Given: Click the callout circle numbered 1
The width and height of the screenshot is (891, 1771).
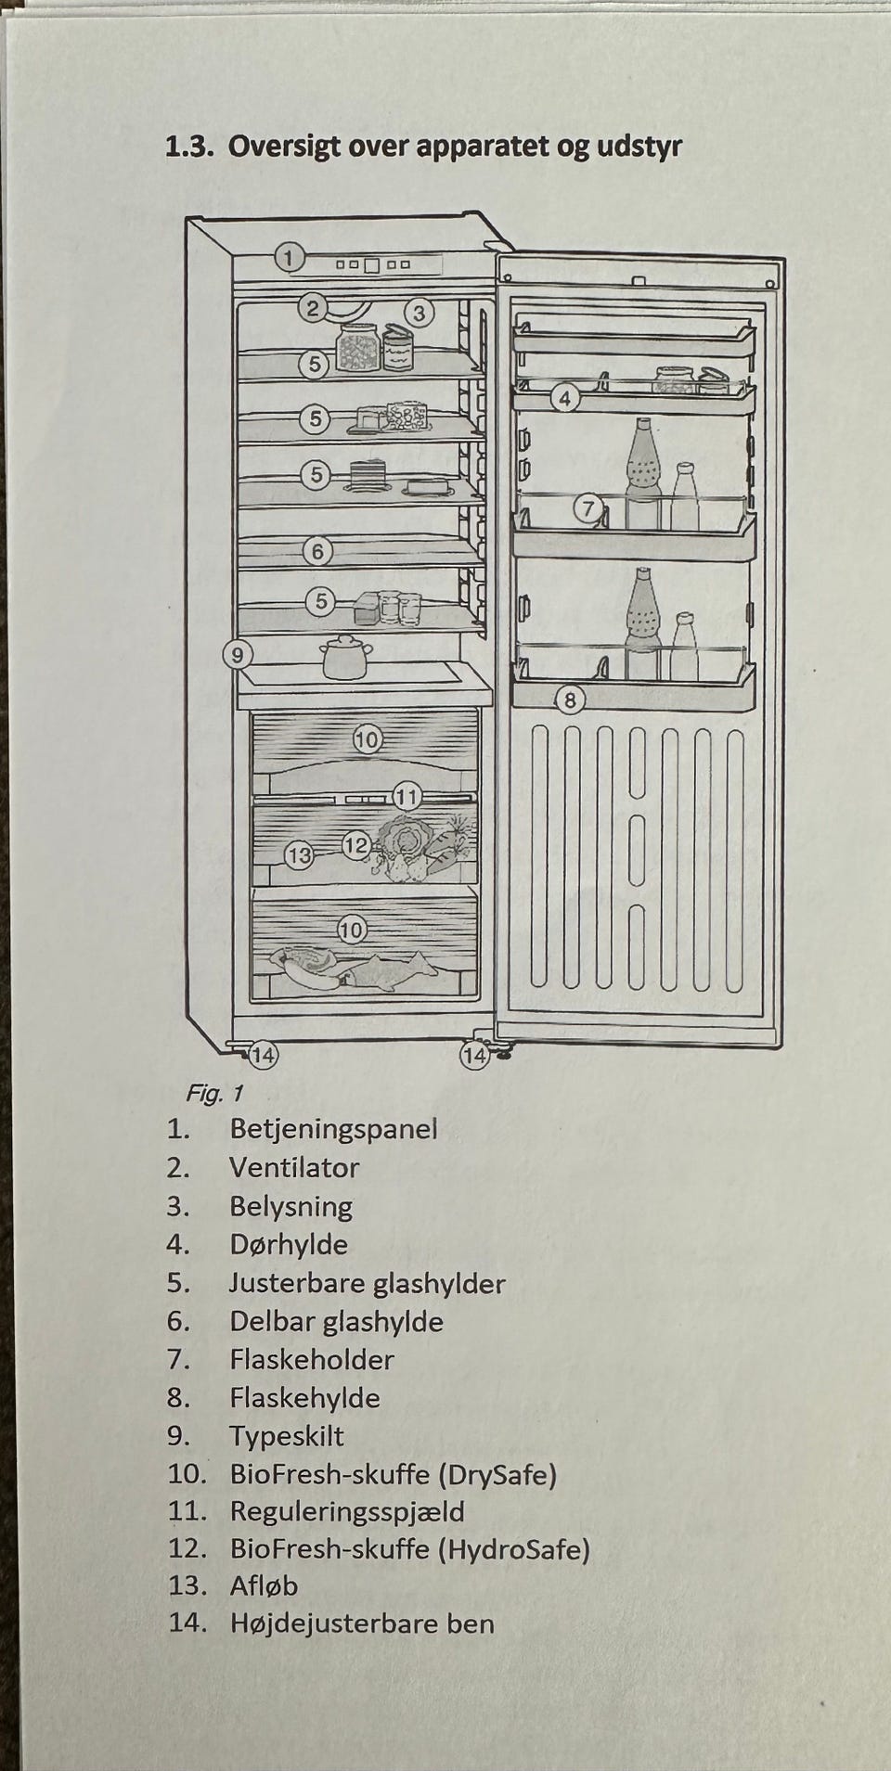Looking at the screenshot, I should point(290,257).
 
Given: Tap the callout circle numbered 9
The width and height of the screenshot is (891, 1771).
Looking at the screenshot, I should point(239,655).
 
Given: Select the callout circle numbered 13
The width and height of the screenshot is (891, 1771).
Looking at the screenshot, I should point(299,855).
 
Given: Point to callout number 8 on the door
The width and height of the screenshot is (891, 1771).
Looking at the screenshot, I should point(570,699).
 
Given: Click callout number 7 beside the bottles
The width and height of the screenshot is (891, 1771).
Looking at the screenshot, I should point(588,508).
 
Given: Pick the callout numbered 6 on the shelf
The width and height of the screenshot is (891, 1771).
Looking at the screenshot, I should point(317,552).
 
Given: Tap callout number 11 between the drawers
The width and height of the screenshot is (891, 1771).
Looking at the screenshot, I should point(407,796).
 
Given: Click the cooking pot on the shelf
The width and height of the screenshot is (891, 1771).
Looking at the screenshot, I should point(346,657).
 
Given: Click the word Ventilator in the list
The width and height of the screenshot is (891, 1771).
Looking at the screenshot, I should point(294,1168).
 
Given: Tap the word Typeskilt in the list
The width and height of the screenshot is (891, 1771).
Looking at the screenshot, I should point(287,1436).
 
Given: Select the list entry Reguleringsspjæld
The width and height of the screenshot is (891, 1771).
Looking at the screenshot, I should point(347,1512).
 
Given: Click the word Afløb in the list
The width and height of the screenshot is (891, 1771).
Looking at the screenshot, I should point(264,1586).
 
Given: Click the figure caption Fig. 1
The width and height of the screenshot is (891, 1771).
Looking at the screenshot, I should point(213,1094).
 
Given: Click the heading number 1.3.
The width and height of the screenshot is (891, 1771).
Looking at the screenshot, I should point(189,147).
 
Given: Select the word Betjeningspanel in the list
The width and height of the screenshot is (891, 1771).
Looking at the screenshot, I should point(333,1130).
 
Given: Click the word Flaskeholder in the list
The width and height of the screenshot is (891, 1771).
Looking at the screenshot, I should point(312,1360).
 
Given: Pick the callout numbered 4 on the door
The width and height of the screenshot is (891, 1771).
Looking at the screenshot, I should point(565,399).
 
